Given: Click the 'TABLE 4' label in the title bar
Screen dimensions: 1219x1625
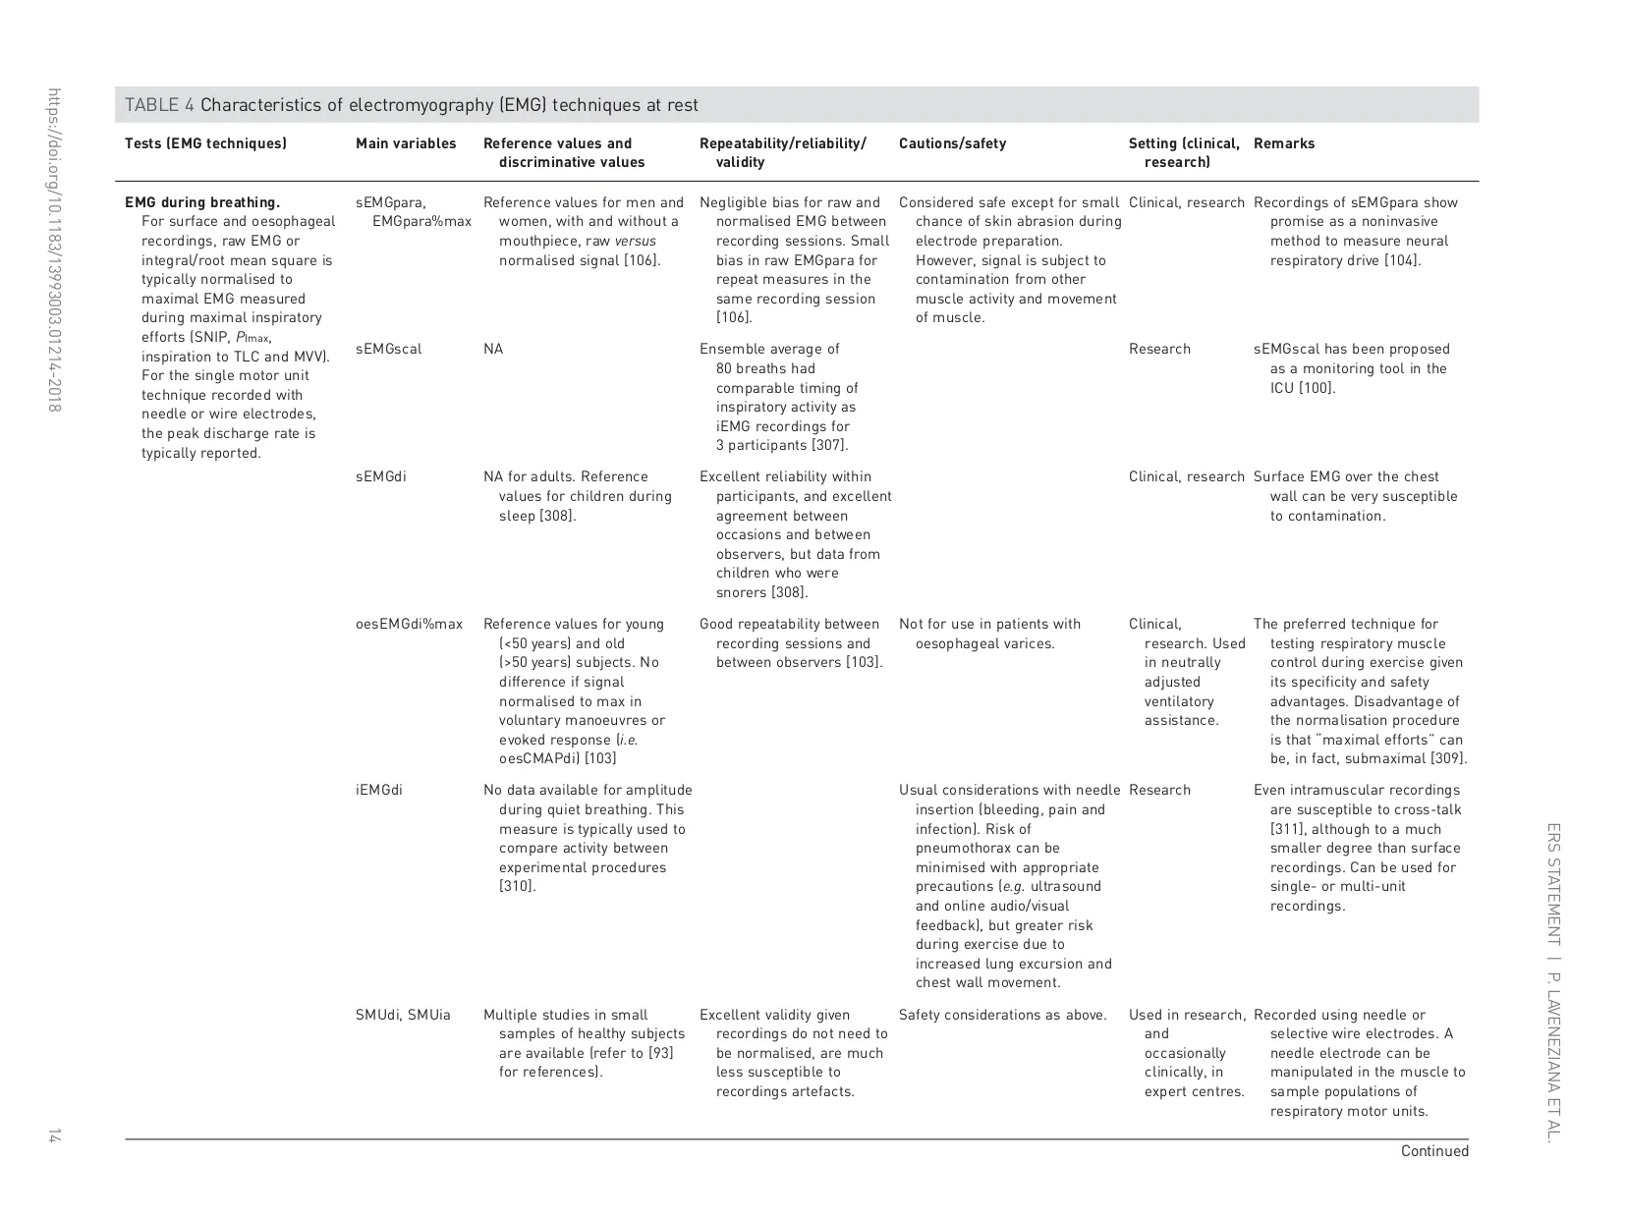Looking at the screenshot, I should click(152, 105).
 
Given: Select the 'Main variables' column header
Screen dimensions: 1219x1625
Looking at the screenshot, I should click(406, 143).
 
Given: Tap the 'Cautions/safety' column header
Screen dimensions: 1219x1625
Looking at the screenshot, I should click(952, 143).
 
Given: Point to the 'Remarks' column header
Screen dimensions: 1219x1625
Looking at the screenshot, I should click(1283, 143).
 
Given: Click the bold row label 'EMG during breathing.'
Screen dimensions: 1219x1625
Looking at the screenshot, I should click(202, 203).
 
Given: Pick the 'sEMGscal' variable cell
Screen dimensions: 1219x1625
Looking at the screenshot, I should click(388, 350).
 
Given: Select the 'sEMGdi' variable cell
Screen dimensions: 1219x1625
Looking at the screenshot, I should click(380, 477).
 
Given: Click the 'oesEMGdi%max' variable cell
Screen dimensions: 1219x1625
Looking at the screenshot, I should click(409, 625).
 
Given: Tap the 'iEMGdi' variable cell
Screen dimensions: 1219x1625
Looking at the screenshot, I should click(378, 791).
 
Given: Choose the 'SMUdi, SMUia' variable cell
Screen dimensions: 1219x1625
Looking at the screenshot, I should click(403, 1016).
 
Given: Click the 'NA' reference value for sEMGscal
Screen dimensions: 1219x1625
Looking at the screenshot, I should click(493, 350).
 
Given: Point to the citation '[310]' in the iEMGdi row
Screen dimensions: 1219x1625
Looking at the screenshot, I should click(517, 887).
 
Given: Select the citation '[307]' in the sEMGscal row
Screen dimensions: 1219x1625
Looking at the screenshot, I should click(829, 446).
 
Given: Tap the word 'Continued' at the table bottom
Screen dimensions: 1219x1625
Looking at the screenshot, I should click(1433, 1151).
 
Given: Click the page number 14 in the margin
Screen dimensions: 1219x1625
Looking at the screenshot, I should click(54, 1136).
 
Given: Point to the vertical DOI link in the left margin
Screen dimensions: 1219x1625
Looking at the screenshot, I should click(54, 249).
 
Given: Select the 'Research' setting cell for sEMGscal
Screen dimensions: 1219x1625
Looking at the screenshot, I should click(1159, 350).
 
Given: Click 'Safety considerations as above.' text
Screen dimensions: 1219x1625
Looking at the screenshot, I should click(1002, 1016).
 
